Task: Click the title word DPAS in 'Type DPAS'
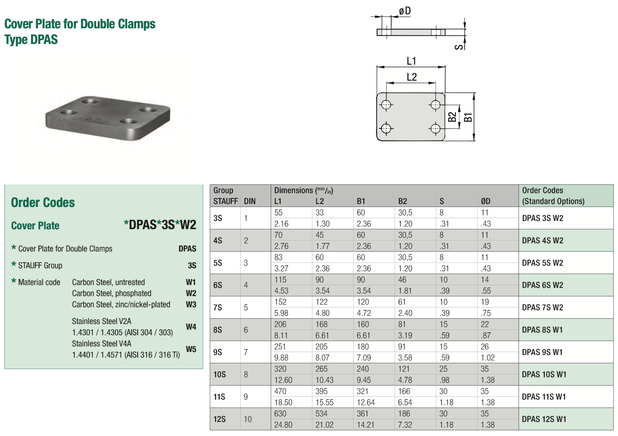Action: [x=45, y=40]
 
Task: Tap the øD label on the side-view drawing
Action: [x=405, y=11]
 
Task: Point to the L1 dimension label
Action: [x=412, y=61]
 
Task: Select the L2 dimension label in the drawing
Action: [x=412, y=77]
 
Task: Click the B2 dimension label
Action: [x=452, y=117]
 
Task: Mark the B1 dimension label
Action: [x=468, y=117]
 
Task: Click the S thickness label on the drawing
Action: [x=459, y=47]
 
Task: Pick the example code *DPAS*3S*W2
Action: [x=160, y=225]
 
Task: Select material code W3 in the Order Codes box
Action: [x=191, y=304]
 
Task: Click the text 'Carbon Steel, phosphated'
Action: [x=112, y=293]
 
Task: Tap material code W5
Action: [x=191, y=349]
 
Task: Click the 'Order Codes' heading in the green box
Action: [x=43, y=203]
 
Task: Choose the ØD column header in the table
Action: [x=485, y=201]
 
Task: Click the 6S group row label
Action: [x=218, y=285]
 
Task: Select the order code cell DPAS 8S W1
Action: [x=542, y=330]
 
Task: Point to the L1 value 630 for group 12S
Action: [x=280, y=414]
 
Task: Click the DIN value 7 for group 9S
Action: [x=246, y=352]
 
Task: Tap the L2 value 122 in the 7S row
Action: [x=321, y=302]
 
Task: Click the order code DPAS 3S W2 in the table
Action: [x=542, y=218]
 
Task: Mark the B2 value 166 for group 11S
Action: [x=404, y=391]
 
